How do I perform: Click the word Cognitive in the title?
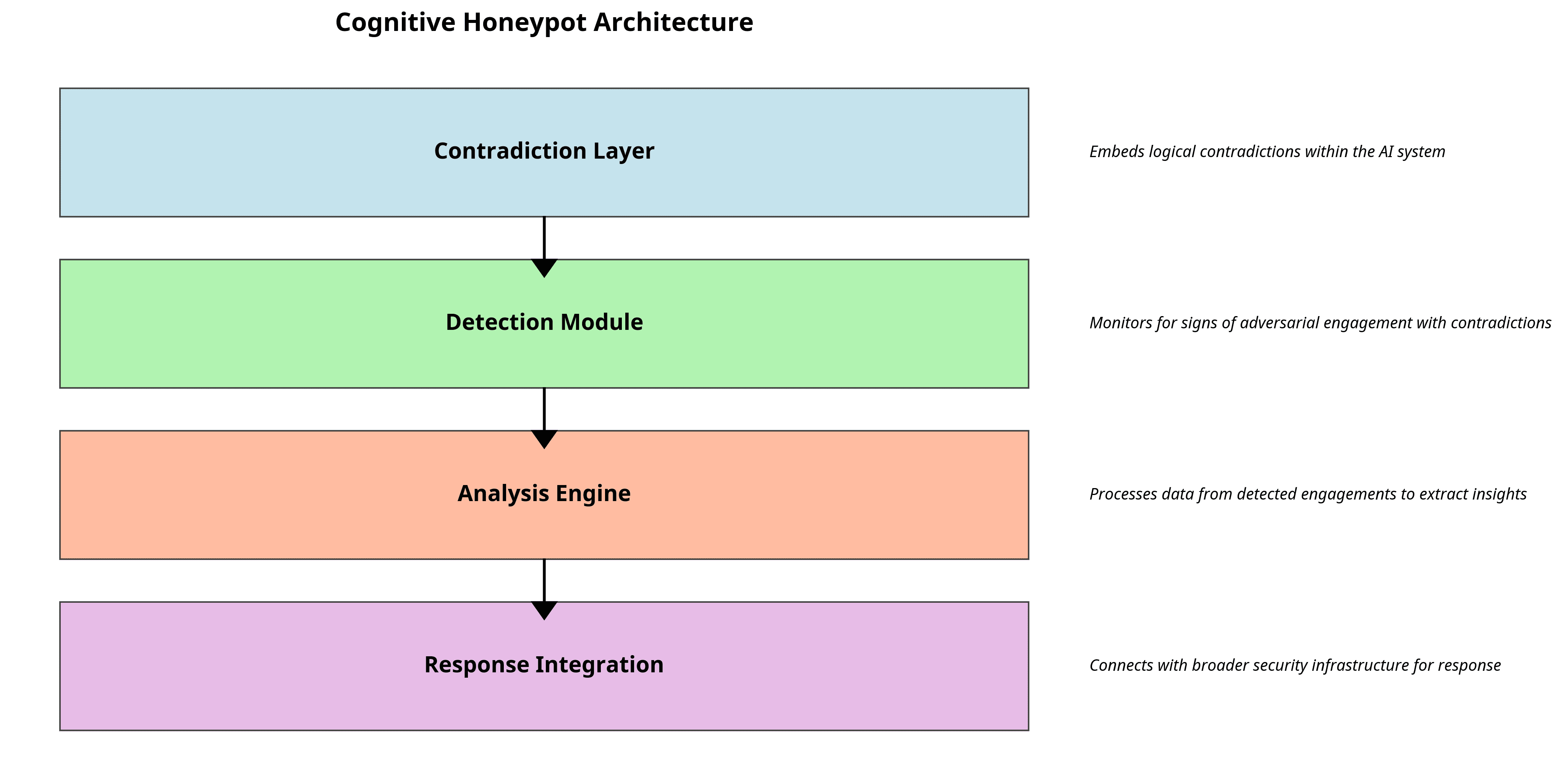(x=395, y=23)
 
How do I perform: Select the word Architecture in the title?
(x=673, y=23)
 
